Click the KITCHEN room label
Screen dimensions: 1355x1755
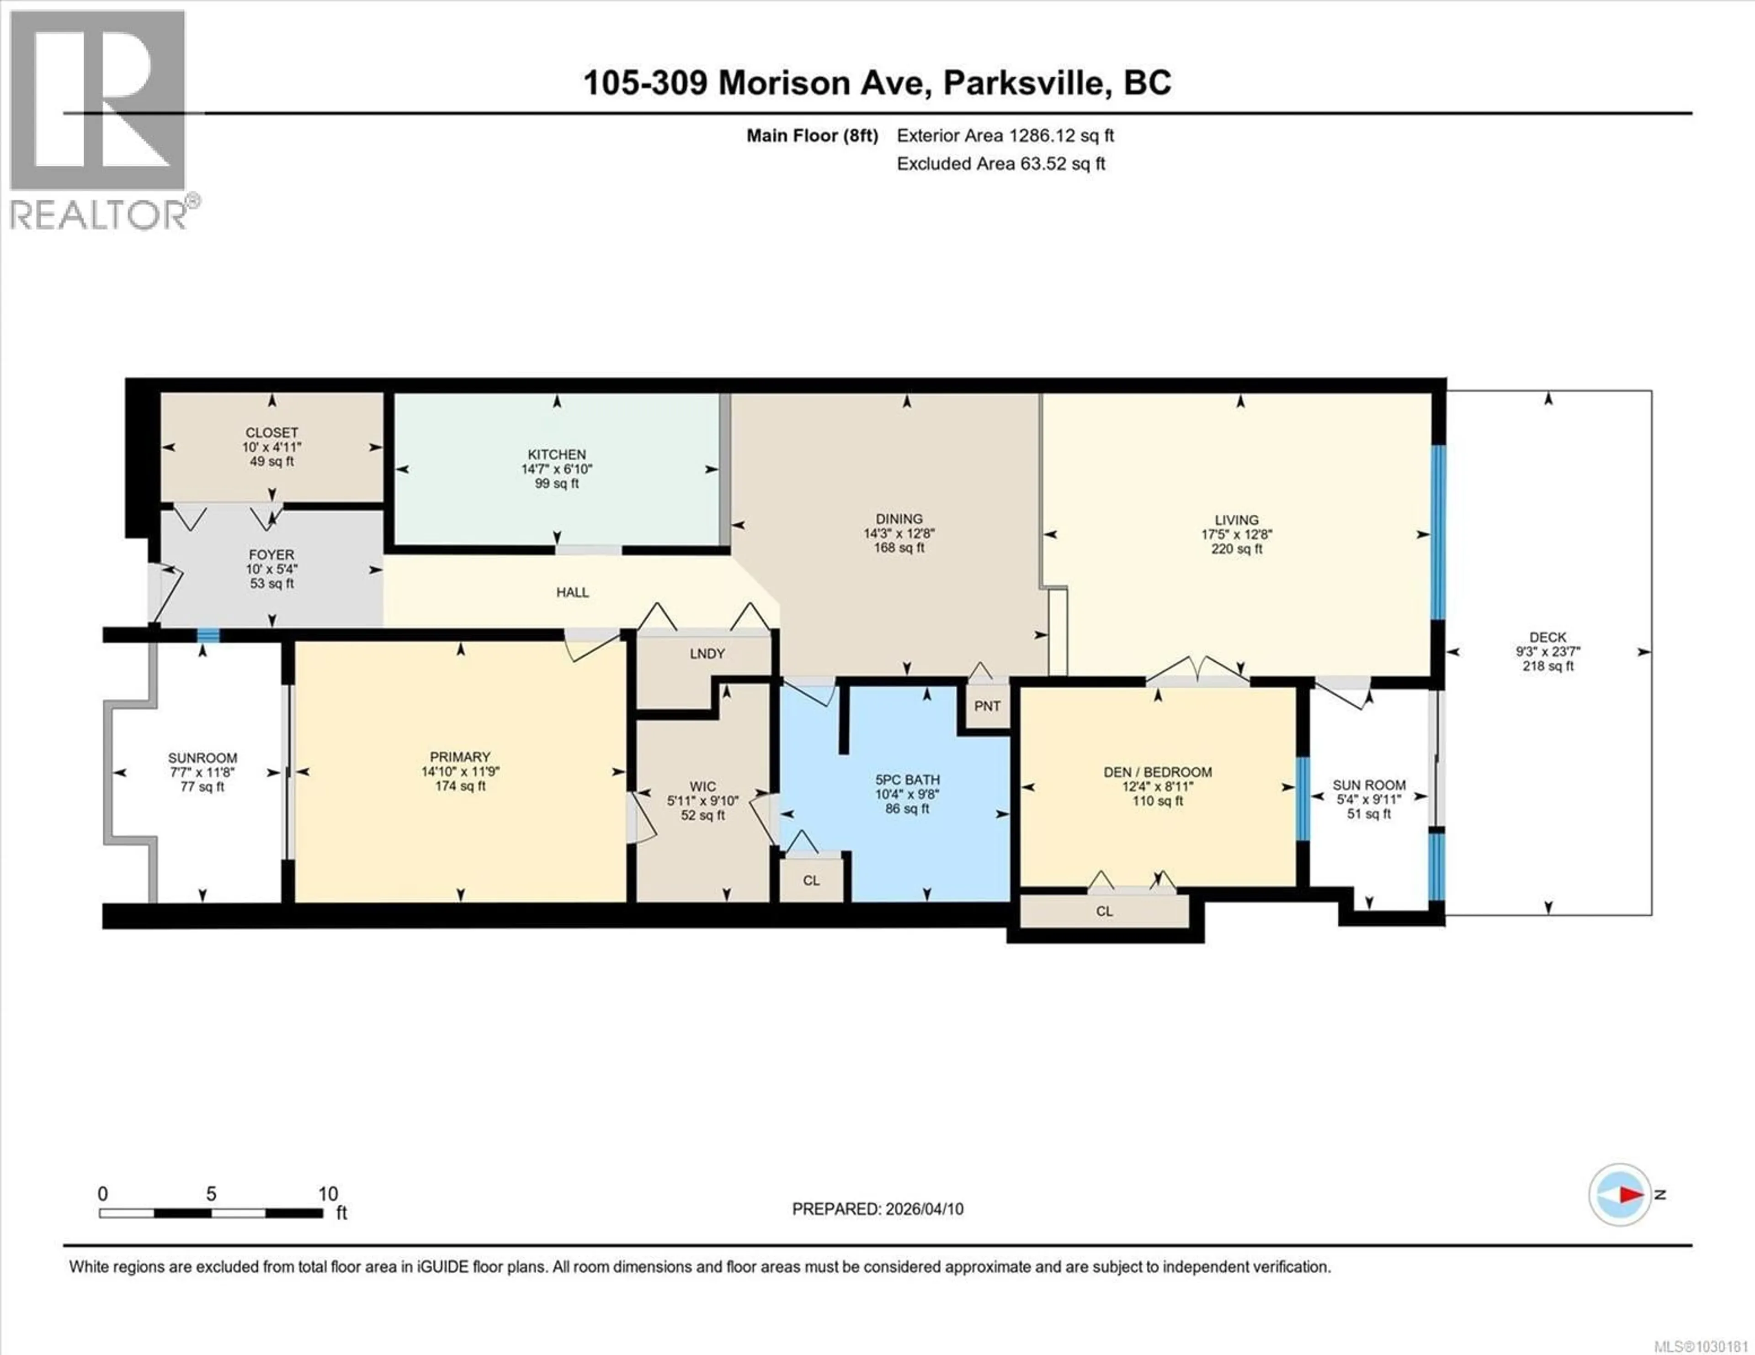[x=556, y=454]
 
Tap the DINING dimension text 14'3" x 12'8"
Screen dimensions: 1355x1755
[x=899, y=533]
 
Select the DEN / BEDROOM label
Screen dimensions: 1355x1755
[x=1157, y=772]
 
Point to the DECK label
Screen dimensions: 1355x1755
[x=1547, y=637]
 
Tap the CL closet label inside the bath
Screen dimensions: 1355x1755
[x=811, y=880]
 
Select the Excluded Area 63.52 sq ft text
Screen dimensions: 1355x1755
[x=1000, y=164]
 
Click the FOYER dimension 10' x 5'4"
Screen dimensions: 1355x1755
[x=271, y=569]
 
